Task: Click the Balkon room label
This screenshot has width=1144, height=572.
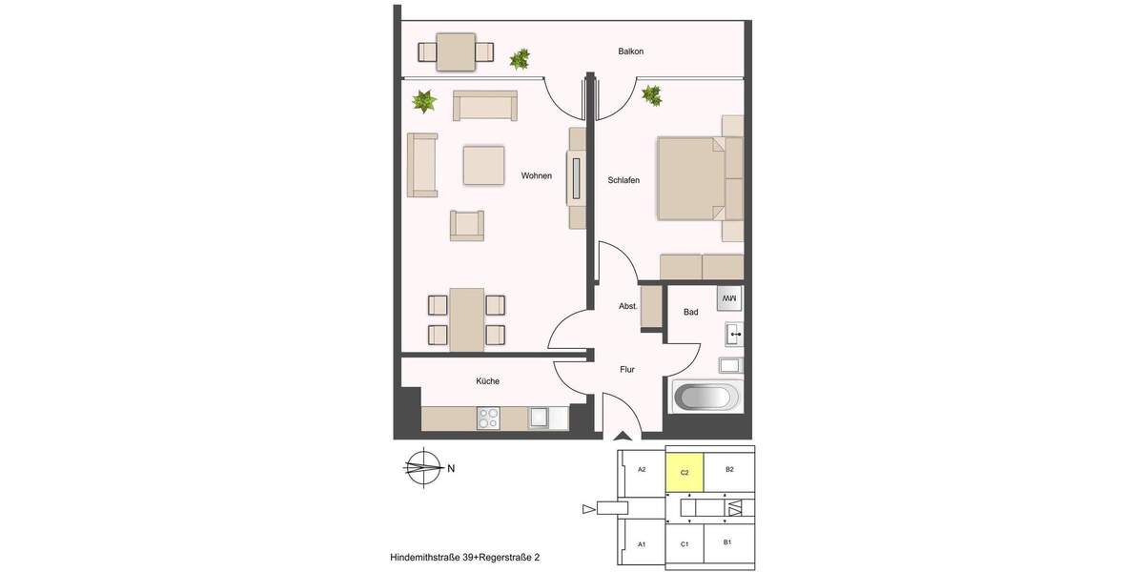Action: tap(631, 51)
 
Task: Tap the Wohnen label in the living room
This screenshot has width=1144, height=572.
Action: tap(536, 175)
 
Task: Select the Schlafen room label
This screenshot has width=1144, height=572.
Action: tap(623, 180)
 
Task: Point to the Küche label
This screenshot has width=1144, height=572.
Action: tap(487, 381)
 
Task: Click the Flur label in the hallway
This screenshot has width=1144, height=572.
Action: tap(626, 369)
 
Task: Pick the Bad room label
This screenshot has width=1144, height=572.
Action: tap(691, 312)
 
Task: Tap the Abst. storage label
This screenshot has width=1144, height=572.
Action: tap(628, 306)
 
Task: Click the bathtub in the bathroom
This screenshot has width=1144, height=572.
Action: tap(707, 397)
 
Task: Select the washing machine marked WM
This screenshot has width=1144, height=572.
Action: tap(728, 298)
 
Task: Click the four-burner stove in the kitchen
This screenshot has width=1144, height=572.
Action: tap(489, 418)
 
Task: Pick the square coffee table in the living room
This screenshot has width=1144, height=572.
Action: tap(483, 164)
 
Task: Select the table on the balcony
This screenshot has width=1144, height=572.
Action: tap(456, 51)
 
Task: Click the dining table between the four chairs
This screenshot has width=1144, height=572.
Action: tap(466, 319)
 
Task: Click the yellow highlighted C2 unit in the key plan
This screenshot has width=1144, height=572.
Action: tap(684, 472)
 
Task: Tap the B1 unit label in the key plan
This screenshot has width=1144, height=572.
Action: tap(727, 542)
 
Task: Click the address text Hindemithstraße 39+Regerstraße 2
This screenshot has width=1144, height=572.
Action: tap(471, 556)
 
